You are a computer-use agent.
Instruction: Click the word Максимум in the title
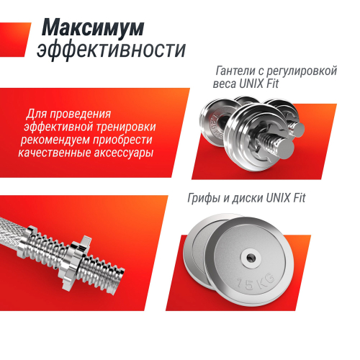92,27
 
